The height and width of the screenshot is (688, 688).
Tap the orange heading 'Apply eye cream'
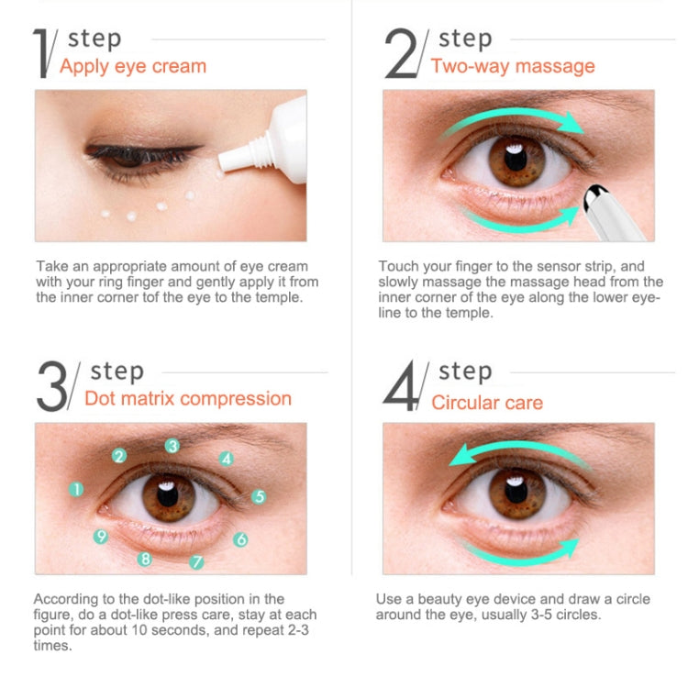click(x=133, y=66)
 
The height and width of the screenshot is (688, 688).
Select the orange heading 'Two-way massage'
click(x=513, y=66)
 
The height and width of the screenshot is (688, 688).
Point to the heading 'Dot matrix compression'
click(x=188, y=398)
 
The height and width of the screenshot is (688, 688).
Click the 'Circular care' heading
click(x=487, y=403)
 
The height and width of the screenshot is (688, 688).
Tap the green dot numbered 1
click(x=76, y=489)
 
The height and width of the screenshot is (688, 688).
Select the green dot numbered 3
click(x=172, y=446)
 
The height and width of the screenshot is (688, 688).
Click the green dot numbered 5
click(x=259, y=496)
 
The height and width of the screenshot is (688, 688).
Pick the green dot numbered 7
click(x=196, y=561)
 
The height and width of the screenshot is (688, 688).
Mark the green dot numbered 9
click(x=101, y=537)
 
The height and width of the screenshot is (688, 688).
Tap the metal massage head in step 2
click(x=594, y=196)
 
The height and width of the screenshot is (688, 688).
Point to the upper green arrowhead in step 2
click(x=571, y=122)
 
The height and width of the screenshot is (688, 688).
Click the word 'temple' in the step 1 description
click(x=278, y=297)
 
